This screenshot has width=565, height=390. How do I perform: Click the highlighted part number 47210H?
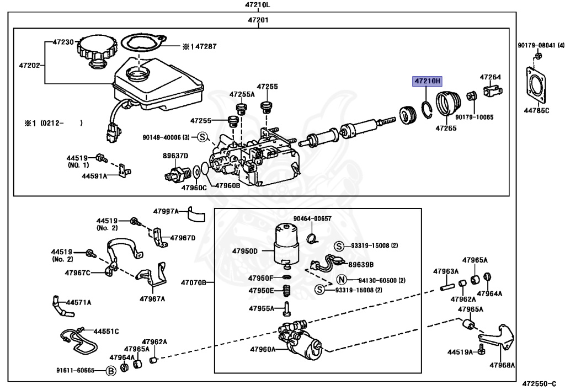coord(428,82)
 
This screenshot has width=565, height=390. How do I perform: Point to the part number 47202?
coord(30,65)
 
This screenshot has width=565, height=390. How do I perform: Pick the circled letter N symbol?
coord(341,280)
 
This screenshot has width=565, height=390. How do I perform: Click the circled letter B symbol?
coord(110,370)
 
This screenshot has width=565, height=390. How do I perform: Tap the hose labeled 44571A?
coord(59,307)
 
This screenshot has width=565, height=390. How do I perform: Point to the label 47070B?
coord(193,283)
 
